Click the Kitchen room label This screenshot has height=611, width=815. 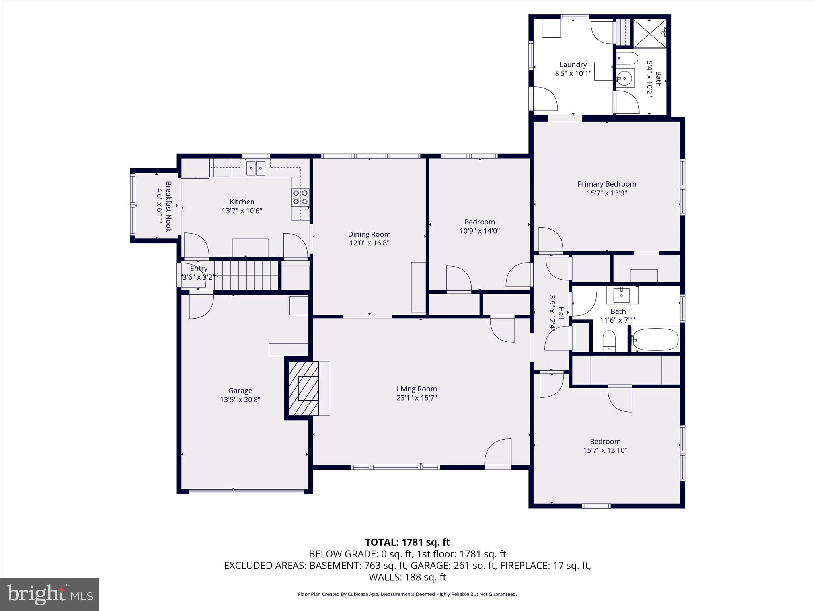tap(242, 202)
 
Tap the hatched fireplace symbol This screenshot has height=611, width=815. tap(304, 388)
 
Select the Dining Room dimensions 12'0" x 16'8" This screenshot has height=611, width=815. tap(369, 243)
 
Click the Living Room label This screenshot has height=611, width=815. tap(416, 389)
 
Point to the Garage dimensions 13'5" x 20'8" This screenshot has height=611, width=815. tap(240, 400)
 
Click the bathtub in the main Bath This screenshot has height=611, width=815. tap(655, 339)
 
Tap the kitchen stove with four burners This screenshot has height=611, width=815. tap(300, 197)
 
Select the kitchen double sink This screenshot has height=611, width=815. tap(255, 168)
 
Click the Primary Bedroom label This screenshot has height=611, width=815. tap(606, 184)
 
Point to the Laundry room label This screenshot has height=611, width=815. tap(573, 64)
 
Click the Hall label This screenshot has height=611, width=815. tap(561, 313)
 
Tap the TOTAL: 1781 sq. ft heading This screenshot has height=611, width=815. tap(407, 542)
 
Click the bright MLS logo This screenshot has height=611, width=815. tap(50, 594)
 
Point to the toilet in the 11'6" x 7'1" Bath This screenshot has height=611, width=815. tap(609, 341)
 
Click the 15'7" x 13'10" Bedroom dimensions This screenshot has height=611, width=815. tap(605, 450)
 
